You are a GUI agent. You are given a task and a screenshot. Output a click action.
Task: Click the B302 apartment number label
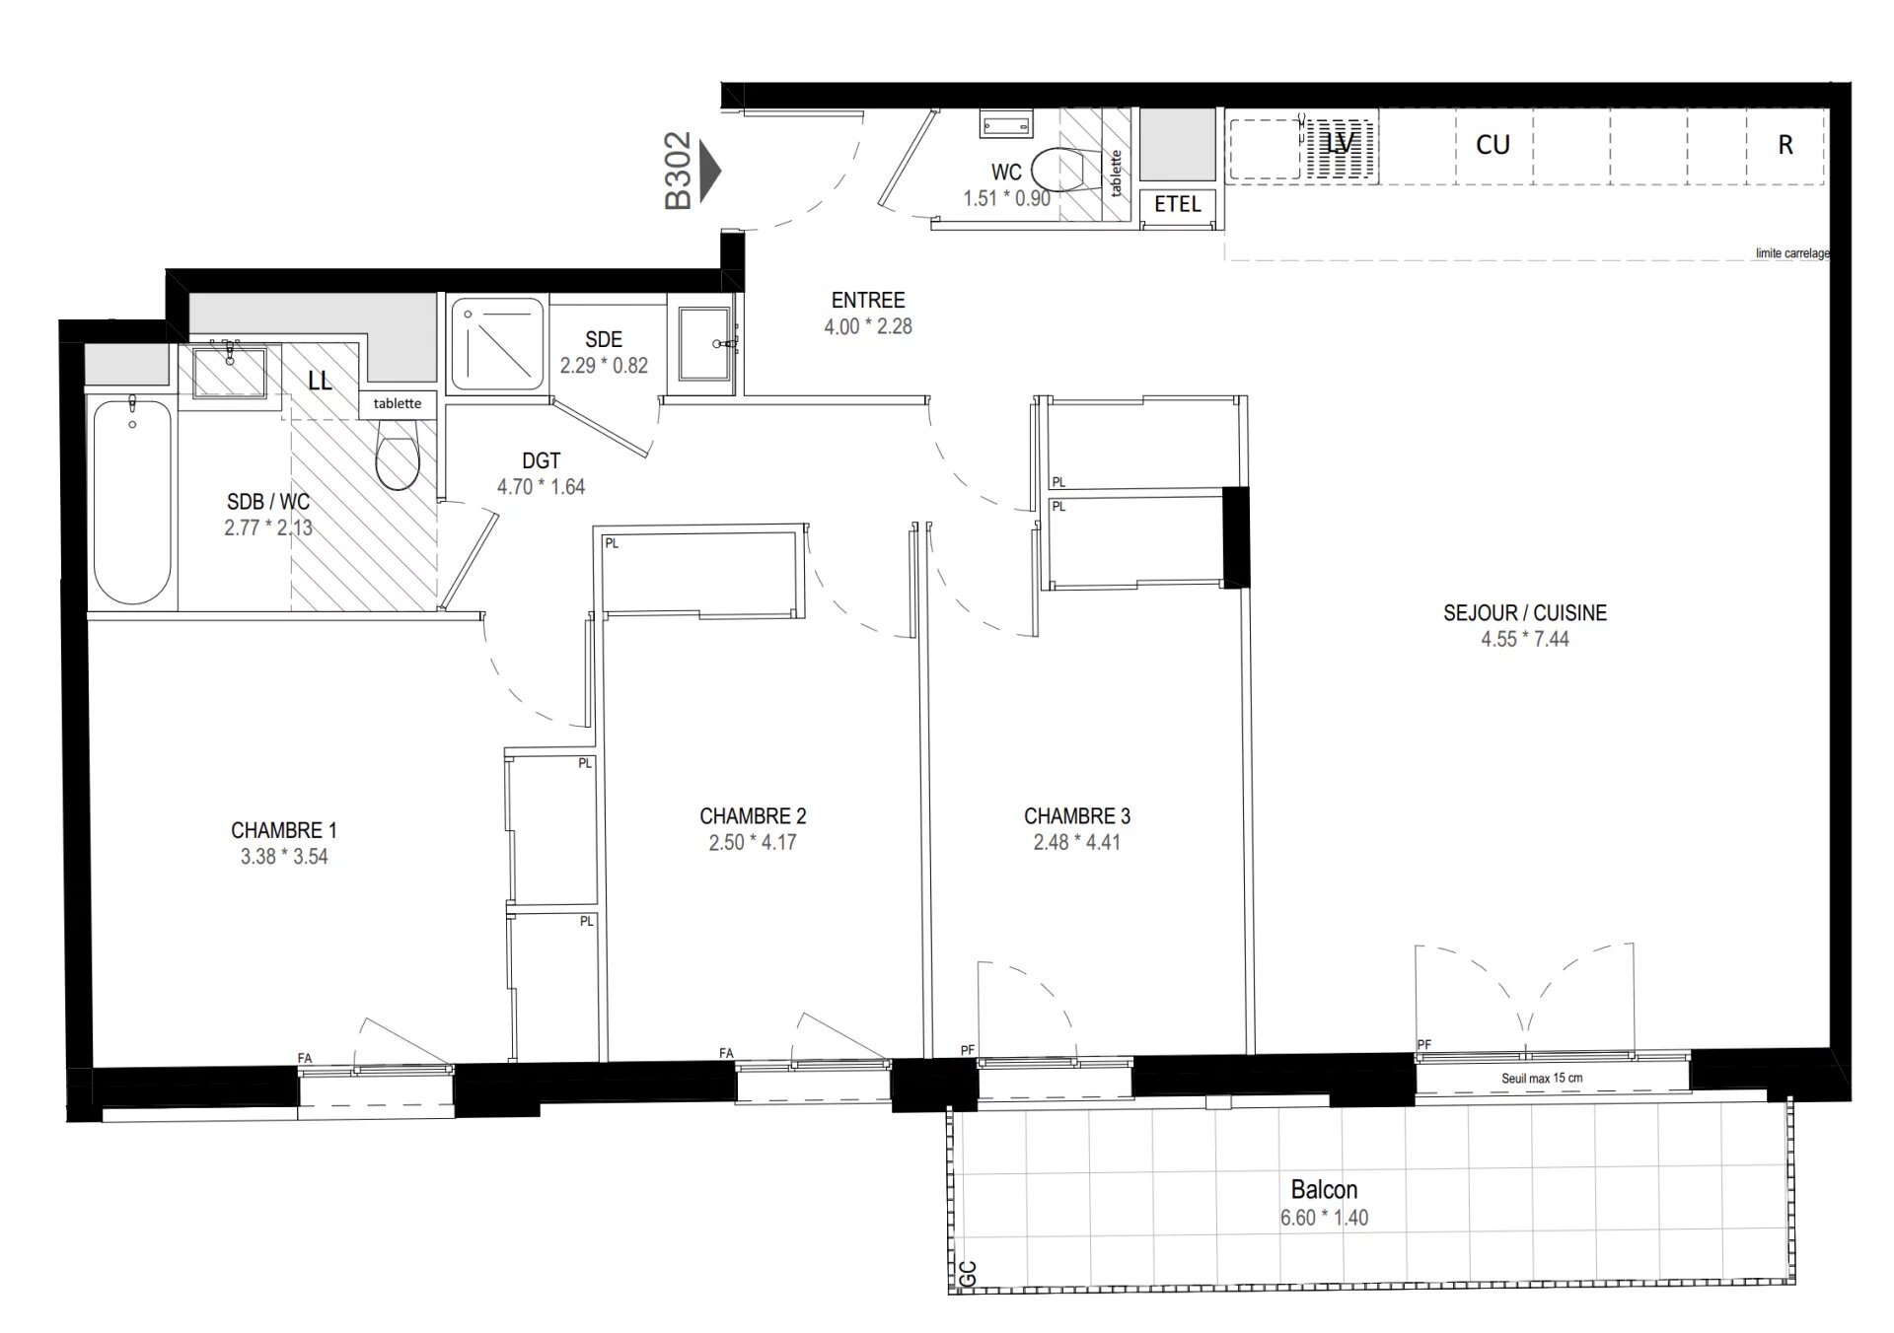click(x=678, y=172)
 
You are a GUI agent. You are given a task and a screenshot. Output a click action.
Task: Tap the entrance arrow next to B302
click(x=709, y=172)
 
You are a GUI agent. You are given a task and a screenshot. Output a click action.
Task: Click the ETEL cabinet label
click(x=1177, y=204)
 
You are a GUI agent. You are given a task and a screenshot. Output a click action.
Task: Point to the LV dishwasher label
click(x=1339, y=144)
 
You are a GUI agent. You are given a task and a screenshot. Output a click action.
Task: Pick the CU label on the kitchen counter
click(x=1493, y=145)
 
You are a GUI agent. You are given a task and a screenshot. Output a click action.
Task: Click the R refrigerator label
click(x=1785, y=145)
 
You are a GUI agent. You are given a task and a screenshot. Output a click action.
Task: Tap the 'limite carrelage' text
click(x=1791, y=253)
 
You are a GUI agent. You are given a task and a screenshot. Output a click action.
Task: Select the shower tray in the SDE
click(x=497, y=344)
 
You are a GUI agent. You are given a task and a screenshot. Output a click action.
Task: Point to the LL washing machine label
click(x=320, y=381)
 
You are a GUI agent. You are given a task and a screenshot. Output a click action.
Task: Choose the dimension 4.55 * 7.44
click(x=1524, y=639)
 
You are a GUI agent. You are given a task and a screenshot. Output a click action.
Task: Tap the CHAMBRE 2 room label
click(x=753, y=816)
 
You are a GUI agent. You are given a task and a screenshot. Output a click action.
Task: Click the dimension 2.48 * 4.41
click(x=1076, y=842)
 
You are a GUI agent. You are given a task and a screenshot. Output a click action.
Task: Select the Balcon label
click(x=1324, y=1189)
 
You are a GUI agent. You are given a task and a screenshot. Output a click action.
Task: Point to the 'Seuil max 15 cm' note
click(x=1541, y=1078)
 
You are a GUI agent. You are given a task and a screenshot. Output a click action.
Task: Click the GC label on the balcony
click(x=968, y=1274)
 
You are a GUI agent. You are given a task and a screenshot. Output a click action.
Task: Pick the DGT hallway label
click(x=541, y=460)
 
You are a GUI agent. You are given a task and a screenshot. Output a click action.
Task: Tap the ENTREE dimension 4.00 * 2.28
click(x=868, y=326)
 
